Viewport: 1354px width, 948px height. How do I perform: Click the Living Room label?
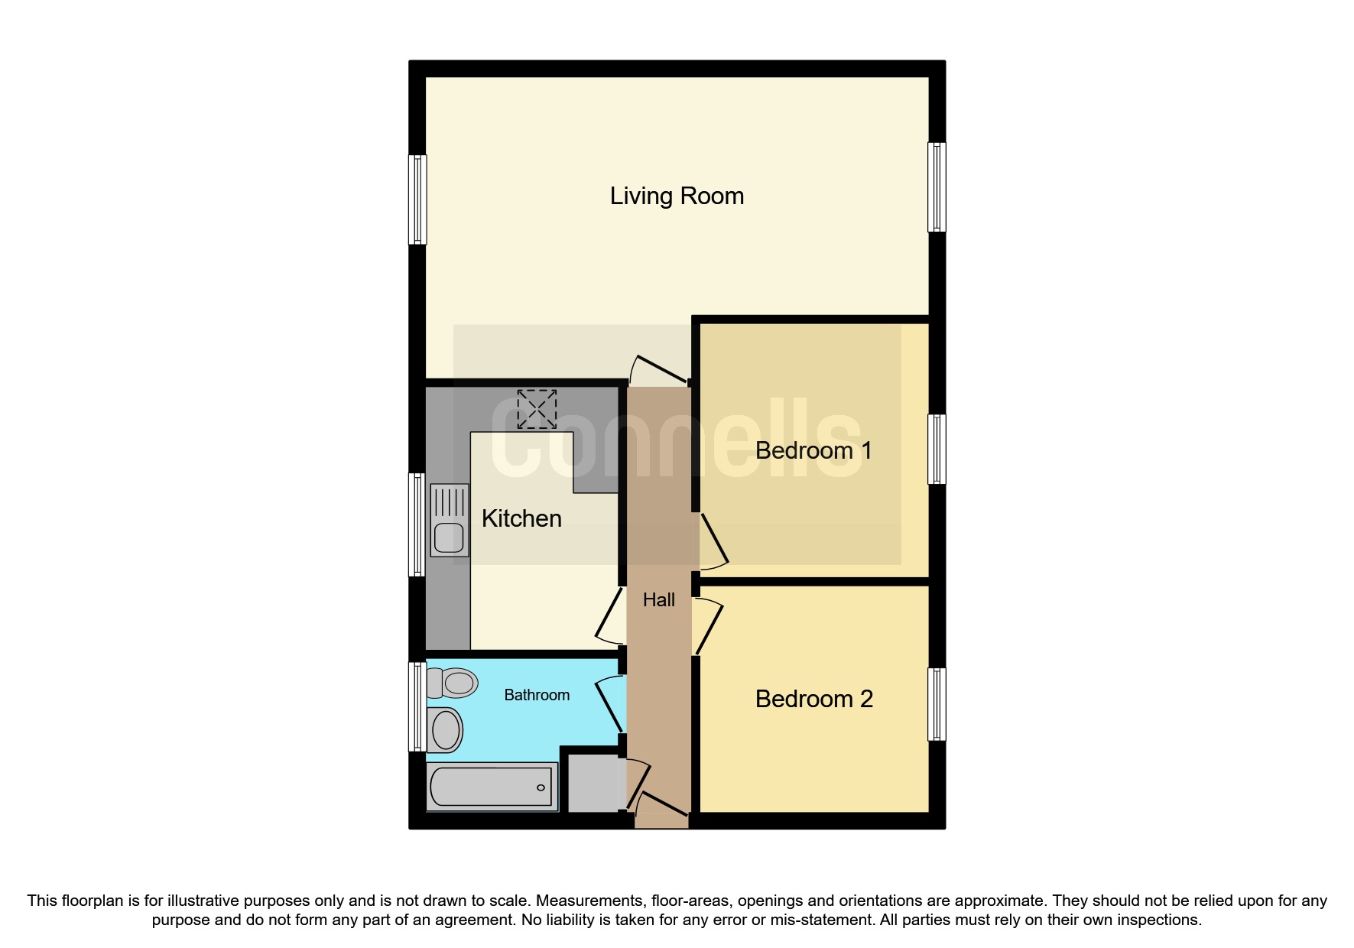tap(677, 196)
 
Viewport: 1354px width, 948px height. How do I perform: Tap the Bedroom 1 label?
tap(813, 450)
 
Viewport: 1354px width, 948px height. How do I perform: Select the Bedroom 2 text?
tap(813, 699)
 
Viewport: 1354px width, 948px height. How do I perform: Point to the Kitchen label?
tap(521, 518)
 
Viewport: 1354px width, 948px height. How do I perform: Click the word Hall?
tap(658, 600)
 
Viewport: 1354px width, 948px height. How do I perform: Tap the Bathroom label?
tap(537, 695)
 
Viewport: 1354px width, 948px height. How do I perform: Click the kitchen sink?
tap(450, 520)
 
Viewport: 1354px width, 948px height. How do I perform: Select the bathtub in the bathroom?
tap(492, 787)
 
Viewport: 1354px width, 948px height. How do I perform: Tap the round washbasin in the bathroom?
tap(446, 729)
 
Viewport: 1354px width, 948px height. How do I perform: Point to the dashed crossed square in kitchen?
tap(537, 409)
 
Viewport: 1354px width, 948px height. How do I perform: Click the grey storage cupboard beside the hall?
tap(594, 783)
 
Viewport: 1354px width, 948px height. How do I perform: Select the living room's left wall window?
tap(417, 200)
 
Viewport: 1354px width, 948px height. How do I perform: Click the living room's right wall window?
tap(937, 187)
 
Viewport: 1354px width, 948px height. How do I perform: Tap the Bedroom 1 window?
tap(937, 450)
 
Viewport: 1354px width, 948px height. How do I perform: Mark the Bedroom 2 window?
tap(937, 704)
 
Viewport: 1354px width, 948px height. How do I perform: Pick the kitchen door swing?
tap(609, 615)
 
